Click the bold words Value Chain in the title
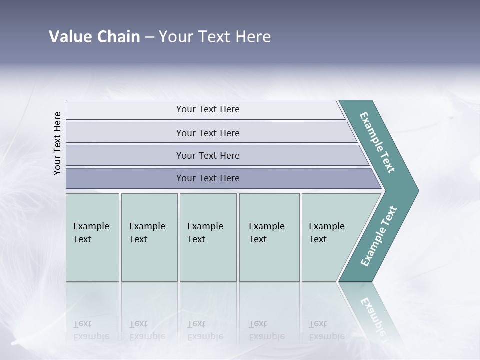click(x=94, y=37)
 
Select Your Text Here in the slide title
click(x=215, y=37)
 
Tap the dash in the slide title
click(x=149, y=37)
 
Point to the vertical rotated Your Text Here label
click(x=57, y=143)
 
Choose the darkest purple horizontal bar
click(x=125, y=178)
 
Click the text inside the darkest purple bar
click(x=208, y=178)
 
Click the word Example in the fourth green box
click(x=266, y=226)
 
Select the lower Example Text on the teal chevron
click(x=379, y=236)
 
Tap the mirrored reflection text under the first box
click(x=91, y=330)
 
